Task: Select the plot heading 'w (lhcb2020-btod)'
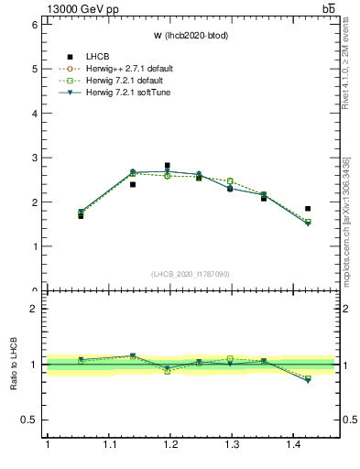190,35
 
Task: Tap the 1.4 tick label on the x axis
298,444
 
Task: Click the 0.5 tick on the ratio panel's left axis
30,420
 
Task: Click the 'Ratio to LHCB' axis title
14,364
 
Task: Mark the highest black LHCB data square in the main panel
167,166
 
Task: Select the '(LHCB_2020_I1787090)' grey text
190,274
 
